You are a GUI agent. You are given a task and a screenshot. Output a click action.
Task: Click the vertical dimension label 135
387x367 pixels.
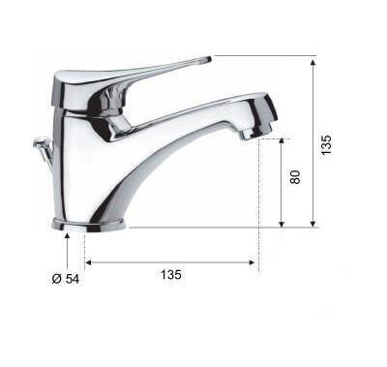[x=326, y=144]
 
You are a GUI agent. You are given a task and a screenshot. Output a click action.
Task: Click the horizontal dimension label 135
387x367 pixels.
[x=171, y=275]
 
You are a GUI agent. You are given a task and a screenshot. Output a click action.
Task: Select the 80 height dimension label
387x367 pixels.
[x=295, y=177]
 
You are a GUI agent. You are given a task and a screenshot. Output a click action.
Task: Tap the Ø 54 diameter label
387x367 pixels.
[x=66, y=279]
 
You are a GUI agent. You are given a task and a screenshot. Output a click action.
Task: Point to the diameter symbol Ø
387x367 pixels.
[x=57, y=279]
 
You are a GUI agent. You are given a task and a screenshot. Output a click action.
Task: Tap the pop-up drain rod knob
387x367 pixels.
[x=40, y=141]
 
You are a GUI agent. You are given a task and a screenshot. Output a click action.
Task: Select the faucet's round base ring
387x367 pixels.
[x=88, y=225]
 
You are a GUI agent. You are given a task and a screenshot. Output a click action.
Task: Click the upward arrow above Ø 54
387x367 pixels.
[x=67, y=251]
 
